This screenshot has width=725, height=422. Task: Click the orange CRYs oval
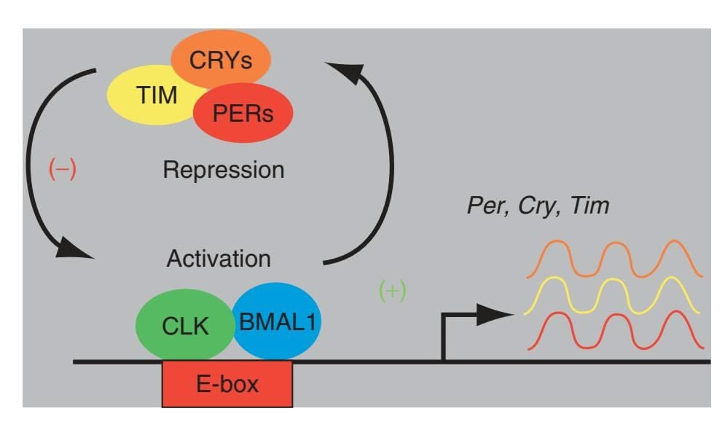(221, 58)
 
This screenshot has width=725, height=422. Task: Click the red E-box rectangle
(228, 383)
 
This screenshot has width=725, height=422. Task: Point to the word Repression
(223, 171)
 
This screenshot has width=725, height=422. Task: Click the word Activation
(219, 259)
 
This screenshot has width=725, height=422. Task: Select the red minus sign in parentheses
(63, 170)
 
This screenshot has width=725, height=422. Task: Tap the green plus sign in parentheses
(393, 291)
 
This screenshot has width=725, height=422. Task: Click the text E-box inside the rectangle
(228, 383)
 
